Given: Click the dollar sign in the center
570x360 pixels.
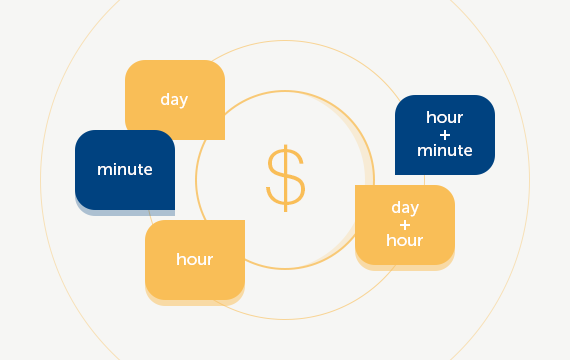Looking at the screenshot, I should click(x=285, y=178).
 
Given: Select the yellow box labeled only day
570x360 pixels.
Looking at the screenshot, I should click(x=175, y=100).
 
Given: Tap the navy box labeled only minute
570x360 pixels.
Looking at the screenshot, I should click(x=125, y=170).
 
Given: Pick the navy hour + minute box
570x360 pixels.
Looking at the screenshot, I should click(x=445, y=135).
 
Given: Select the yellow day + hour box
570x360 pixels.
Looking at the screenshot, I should click(x=405, y=225).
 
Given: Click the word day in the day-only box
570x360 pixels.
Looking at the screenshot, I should click(x=174, y=100).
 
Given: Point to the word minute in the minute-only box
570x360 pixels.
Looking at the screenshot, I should click(x=125, y=170).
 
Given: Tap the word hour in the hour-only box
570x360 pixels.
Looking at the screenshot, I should click(x=195, y=260).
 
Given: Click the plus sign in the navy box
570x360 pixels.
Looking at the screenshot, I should click(x=445, y=135).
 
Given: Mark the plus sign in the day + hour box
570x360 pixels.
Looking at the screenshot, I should click(x=405, y=224).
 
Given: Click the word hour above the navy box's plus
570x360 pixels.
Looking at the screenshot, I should click(x=445, y=118).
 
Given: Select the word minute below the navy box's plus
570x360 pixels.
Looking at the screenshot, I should click(x=445, y=151).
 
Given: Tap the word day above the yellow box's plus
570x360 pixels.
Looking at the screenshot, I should click(x=405, y=208).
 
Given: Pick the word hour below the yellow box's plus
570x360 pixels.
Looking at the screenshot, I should click(x=405, y=241).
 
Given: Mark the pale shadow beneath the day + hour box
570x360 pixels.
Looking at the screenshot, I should click(x=405, y=268).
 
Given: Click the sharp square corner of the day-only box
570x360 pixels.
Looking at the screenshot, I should click(x=221, y=137).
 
